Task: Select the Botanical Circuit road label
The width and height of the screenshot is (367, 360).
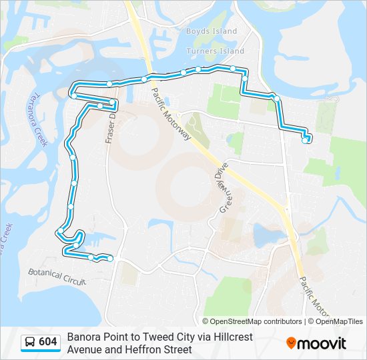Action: tap(57, 277)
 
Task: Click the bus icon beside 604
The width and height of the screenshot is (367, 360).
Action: tap(31, 343)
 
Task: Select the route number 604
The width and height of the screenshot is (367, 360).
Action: tap(48, 343)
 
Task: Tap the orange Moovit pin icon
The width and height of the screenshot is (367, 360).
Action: tap(292, 343)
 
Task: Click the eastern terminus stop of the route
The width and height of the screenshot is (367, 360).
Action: tap(305, 140)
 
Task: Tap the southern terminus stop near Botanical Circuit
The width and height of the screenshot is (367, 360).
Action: tap(110, 258)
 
